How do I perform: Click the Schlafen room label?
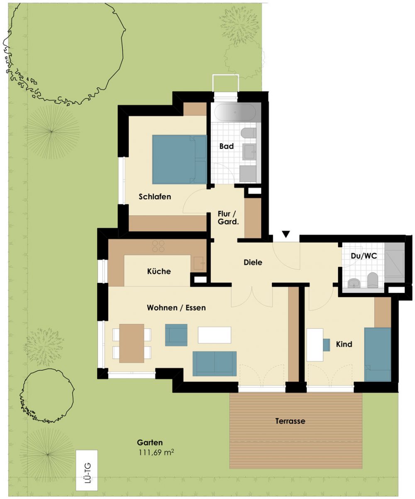pyautogui.click(x=155, y=197)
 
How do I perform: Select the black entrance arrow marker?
pyautogui.click(x=286, y=234)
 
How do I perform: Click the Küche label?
pyautogui.click(x=159, y=272)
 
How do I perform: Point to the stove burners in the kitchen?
pyautogui.click(x=159, y=246)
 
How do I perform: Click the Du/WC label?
pyautogui.click(x=364, y=256)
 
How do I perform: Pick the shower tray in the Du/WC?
pyautogui.click(x=394, y=263)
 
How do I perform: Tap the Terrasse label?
pyautogui.click(x=290, y=421)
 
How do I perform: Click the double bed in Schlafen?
pyautogui.click(x=180, y=159)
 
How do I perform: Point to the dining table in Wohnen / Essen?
pyautogui.click(x=132, y=343)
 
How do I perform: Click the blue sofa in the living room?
pyautogui.click(x=215, y=364)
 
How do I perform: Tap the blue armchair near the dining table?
pyautogui.click(x=176, y=335)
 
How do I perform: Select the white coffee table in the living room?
pyautogui.click(x=215, y=335)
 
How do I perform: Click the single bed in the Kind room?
pyautogui.click(x=378, y=354)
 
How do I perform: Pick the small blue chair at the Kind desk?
pyautogui.click(x=326, y=345)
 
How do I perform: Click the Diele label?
pyautogui.click(x=253, y=263)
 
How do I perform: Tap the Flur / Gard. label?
pyautogui.click(x=228, y=218)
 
